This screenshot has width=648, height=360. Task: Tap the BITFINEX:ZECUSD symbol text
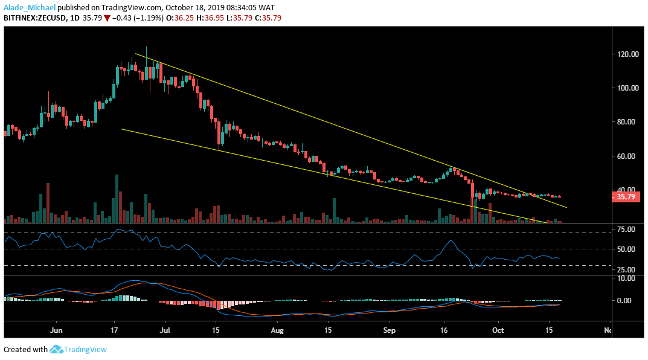pyautogui.click(x=34, y=18)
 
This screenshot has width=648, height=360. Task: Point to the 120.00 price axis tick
pyautogui.click(x=627, y=54)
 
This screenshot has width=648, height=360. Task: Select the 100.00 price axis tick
pyautogui.click(x=627, y=88)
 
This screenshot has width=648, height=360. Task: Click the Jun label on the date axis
pyautogui.click(x=56, y=330)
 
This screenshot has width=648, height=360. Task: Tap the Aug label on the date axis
pyautogui.click(x=277, y=330)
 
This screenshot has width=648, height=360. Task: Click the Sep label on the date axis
pyautogui.click(x=389, y=330)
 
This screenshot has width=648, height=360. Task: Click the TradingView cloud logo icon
pyautogui.click(x=57, y=349)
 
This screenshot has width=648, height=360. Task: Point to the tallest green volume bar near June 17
pyautogui.click(x=117, y=199)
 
